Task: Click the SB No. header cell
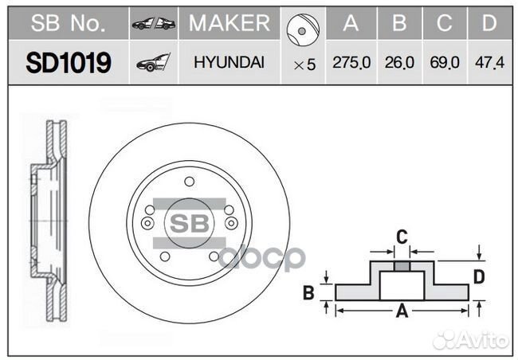click(68, 24)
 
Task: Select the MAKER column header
click(230, 24)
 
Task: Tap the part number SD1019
click(68, 64)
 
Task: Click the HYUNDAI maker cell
click(230, 64)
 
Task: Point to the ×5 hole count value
click(304, 65)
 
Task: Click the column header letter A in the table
click(351, 24)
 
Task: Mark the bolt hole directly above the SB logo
click(189, 182)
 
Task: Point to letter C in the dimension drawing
click(402, 236)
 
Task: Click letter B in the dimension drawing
click(308, 293)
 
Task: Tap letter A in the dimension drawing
click(402, 312)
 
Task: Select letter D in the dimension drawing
click(478, 276)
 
